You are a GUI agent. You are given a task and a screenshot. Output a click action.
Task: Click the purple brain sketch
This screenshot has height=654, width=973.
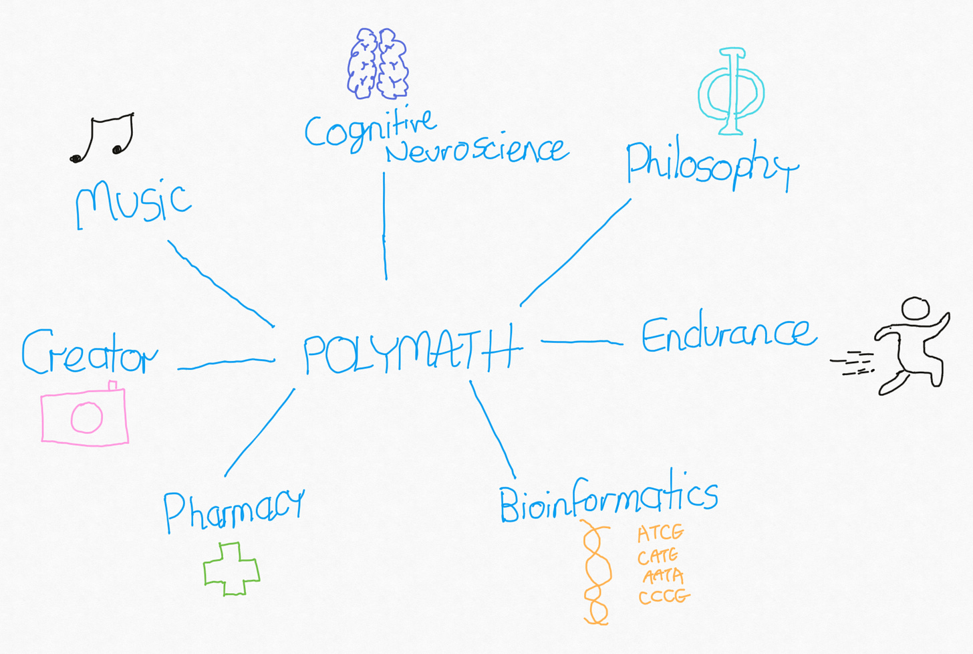click(378, 64)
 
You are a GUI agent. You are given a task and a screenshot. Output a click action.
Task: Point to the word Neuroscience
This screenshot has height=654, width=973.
click(476, 150)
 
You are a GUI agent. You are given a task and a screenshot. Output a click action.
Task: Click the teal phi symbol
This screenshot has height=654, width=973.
click(731, 91)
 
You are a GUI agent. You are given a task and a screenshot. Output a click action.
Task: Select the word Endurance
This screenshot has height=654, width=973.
click(728, 334)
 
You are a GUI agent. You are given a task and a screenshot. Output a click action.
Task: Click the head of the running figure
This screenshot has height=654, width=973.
click(915, 308)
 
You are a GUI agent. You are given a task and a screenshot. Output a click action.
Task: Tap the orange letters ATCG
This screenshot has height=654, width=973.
click(660, 534)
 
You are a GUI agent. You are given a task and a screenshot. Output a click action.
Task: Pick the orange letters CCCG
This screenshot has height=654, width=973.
click(663, 596)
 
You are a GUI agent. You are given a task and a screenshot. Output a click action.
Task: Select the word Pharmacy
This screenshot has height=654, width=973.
click(233, 510)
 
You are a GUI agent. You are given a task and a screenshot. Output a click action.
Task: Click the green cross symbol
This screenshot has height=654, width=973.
click(231, 569)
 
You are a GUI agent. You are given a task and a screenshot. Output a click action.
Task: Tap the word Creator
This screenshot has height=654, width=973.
click(90, 352)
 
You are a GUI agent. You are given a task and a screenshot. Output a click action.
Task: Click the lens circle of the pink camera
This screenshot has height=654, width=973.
click(87, 418)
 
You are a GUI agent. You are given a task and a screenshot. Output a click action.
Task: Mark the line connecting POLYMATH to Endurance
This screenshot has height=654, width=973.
click(581, 342)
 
